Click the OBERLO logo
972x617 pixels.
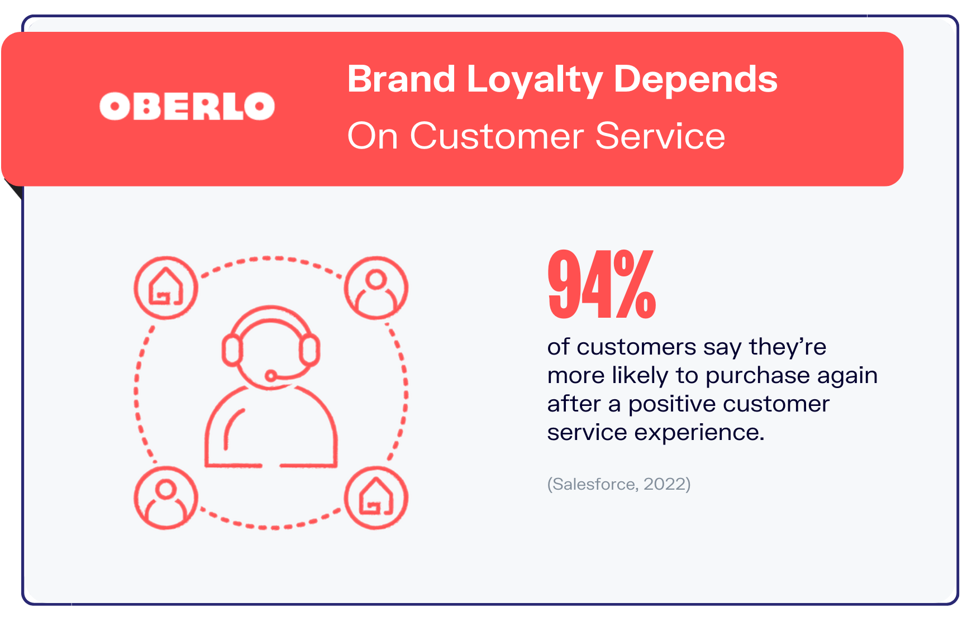coord(187,106)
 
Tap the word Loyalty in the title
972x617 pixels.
coord(534,80)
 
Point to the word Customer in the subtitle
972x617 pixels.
coord(497,136)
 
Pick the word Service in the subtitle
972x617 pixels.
coord(660,136)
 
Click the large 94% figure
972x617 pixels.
coord(602,284)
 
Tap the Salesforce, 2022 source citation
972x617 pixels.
coord(619,484)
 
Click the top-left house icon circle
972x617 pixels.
coord(166,288)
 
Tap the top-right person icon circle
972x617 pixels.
coord(376,288)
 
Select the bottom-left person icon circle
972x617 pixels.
coord(166,498)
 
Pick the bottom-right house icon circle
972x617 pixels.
coord(376,498)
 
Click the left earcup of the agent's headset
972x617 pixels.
coord(232,350)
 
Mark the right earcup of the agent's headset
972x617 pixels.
coord(309,350)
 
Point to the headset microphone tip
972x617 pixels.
coord(271,376)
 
